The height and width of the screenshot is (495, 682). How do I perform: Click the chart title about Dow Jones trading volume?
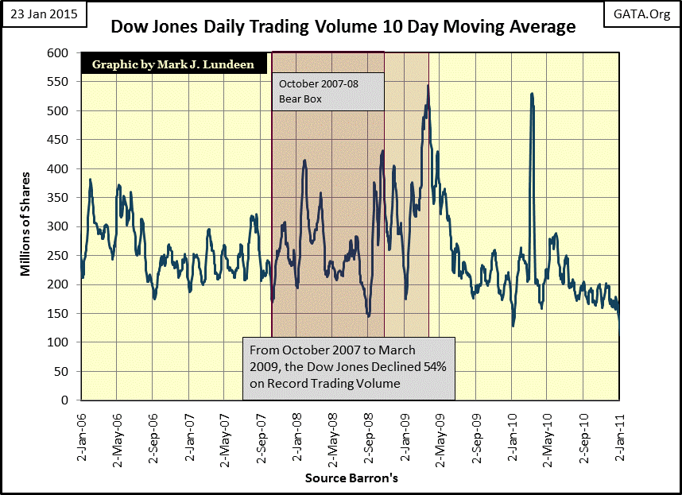point(343,26)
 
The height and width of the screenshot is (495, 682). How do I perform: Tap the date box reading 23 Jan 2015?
point(44,14)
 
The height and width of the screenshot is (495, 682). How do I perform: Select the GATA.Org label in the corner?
point(641,14)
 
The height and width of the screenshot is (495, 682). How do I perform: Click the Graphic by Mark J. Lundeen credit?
point(173,64)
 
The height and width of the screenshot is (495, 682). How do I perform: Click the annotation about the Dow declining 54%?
point(349,368)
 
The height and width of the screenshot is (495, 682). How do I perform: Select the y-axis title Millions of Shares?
point(25,224)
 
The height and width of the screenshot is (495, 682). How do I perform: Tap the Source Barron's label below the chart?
point(351,478)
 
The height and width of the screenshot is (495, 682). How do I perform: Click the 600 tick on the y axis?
point(58,53)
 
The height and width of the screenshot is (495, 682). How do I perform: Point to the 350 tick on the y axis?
point(58,197)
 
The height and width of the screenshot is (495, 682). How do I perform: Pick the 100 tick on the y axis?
point(58,342)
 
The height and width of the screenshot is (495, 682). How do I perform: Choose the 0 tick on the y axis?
point(65,400)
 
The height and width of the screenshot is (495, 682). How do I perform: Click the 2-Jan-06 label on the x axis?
point(82,437)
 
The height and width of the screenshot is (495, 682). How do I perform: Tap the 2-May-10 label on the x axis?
point(547,439)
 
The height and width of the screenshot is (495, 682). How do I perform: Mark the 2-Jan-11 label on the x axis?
point(619,437)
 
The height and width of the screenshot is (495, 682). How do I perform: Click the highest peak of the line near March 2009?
point(428,85)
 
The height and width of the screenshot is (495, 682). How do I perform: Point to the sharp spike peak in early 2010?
point(532,94)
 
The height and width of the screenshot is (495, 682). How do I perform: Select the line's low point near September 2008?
point(369,316)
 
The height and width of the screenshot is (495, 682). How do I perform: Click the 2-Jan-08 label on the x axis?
point(296,437)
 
